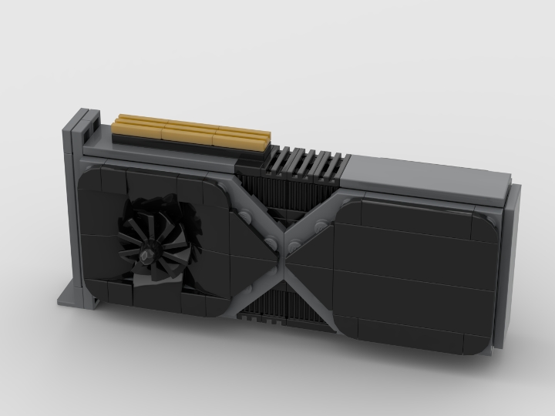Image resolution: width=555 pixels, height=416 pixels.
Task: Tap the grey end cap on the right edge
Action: point(512,262)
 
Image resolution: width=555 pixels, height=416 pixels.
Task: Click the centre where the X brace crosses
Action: point(283,246)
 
